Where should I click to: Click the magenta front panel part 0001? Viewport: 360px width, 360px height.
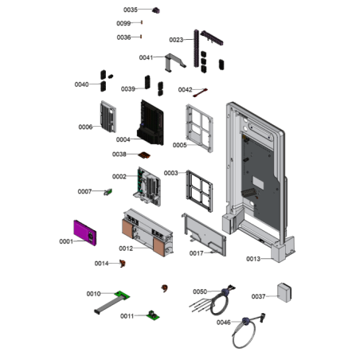coord(85,233)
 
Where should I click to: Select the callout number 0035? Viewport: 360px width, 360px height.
coord(131,10)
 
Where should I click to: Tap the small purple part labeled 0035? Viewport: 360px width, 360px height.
coord(156,10)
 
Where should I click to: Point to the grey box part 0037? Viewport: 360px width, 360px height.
coord(284,292)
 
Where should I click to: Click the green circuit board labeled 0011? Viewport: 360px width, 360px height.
coord(153,315)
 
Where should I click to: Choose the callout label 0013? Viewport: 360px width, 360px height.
coord(253,259)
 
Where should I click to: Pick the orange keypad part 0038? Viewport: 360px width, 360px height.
coord(144,155)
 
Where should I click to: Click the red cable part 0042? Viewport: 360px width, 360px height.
coord(201,92)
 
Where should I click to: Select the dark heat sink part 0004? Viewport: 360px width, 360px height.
coord(151,123)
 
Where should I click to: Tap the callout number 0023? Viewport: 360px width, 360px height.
coord(176,40)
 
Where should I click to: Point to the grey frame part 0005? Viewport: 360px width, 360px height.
coord(199,128)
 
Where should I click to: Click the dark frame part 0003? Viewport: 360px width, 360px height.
coord(199,191)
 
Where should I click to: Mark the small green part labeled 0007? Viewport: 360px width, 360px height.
coord(108,192)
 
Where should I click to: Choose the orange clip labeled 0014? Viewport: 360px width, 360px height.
coord(123,264)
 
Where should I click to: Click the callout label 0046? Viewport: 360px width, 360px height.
coord(224,323)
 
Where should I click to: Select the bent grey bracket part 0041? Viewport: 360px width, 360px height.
coord(175,62)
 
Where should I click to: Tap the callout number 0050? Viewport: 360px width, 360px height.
coord(200,292)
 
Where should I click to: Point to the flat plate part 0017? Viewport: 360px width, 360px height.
coord(204,234)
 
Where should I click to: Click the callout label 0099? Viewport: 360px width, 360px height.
coord(123,23)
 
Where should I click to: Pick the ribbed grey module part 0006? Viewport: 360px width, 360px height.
coord(108,116)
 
